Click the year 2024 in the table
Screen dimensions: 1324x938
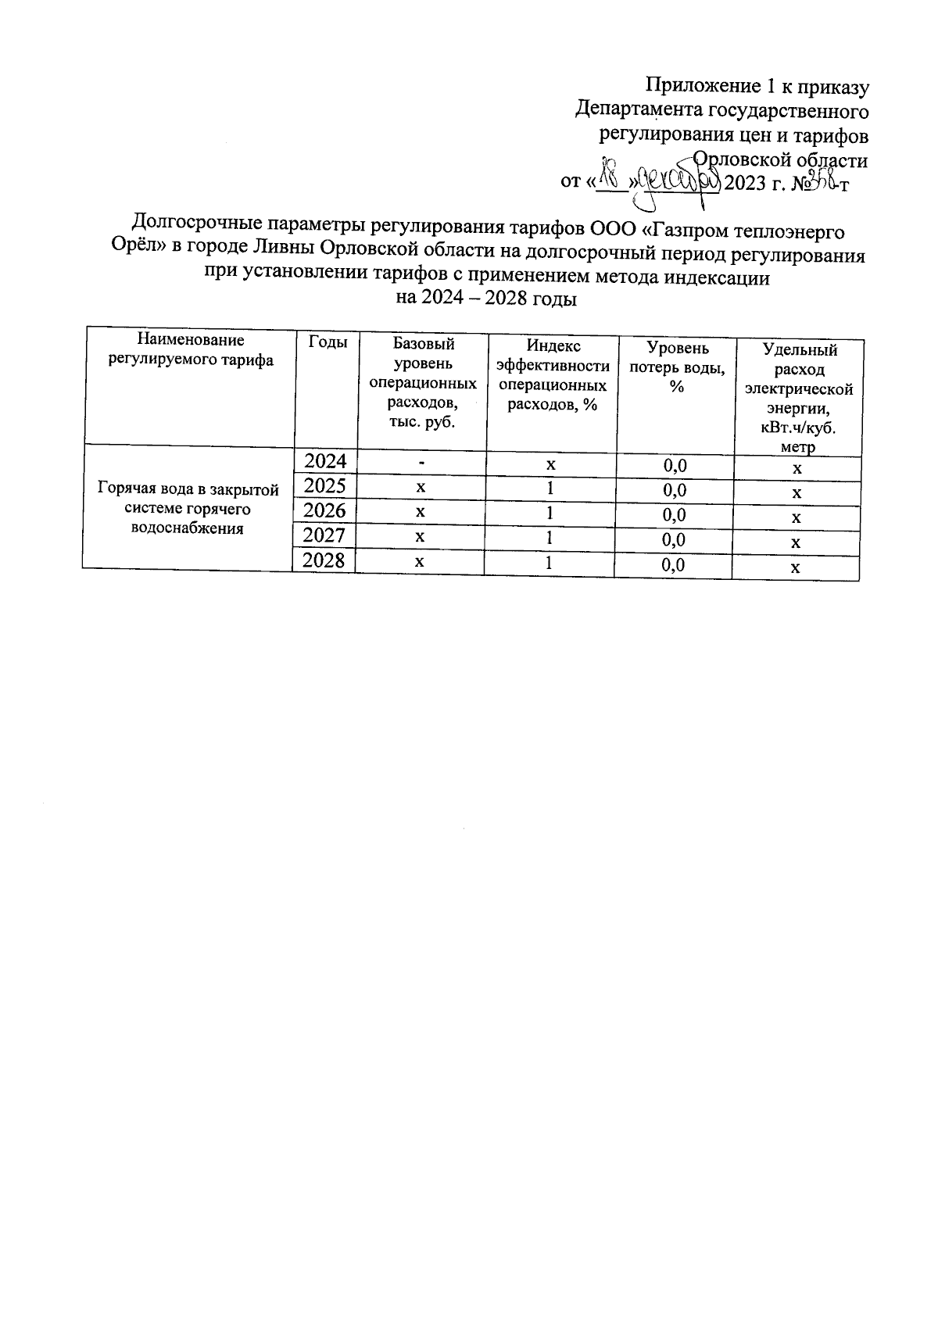(x=324, y=460)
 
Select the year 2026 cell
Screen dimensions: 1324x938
(x=324, y=511)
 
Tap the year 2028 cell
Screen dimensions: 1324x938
(x=324, y=560)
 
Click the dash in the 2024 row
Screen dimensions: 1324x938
(x=421, y=463)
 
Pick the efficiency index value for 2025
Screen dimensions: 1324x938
(x=550, y=488)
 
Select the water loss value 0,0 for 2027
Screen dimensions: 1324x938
(x=674, y=539)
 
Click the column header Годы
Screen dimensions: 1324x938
(x=328, y=342)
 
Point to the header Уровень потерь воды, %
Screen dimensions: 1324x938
(x=677, y=367)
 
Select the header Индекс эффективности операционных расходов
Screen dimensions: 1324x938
(x=553, y=375)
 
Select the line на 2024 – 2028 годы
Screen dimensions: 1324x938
(x=486, y=299)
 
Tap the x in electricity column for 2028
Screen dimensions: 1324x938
(x=796, y=568)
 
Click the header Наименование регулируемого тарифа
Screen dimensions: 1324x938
(x=191, y=350)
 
